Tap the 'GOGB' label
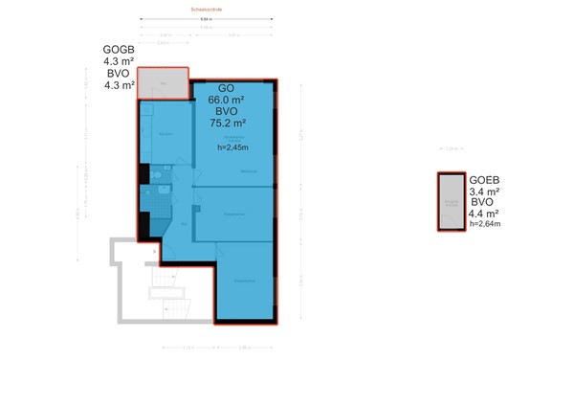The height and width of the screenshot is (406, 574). (119, 50)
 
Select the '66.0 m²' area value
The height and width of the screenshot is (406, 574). (227, 100)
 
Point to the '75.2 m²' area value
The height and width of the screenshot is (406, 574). (228, 123)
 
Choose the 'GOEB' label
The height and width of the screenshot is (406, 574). (484, 179)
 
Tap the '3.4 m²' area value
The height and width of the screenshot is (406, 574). (485, 192)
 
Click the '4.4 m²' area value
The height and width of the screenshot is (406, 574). (485, 214)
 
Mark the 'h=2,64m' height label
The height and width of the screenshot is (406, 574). (485, 225)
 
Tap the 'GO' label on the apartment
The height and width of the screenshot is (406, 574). (226, 88)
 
